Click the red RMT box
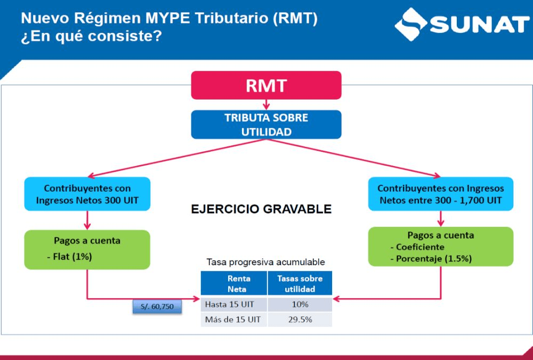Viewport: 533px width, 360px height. pos(266,85)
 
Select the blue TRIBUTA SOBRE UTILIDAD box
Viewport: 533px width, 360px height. pos(266,125)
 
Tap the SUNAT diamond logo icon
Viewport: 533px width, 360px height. pos(410,24)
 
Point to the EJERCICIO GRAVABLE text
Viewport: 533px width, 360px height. pos(261,209)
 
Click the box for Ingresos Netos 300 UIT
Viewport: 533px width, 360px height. pos(87,194)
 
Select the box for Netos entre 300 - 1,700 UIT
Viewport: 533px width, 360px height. pos(441,194)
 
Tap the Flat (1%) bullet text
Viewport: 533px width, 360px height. pos(70,256)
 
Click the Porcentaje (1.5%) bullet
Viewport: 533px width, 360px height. pos(431,258)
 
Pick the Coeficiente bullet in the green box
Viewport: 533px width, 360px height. pos(417,247)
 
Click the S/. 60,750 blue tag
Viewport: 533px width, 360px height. pos(157,306)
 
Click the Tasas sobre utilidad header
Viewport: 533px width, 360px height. pos(300,283)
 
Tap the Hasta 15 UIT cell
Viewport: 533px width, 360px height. pos(234,304)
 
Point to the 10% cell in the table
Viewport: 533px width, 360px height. pos(300,304)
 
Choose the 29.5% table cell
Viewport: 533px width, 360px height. pos(300,320)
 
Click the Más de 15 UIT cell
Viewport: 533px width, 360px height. pos(234,320)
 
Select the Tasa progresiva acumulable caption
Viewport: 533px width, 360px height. pos(266,262)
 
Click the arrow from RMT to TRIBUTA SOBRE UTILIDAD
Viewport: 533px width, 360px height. pos(266,104)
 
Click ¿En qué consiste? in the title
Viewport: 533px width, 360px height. pos(91,36)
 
